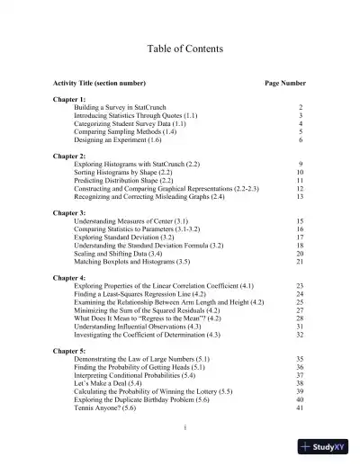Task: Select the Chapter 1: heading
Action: pos(70,98)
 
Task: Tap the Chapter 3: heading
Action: pos(70,212)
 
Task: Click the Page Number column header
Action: pos(284,82)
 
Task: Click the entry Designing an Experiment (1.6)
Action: pos(118,140)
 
